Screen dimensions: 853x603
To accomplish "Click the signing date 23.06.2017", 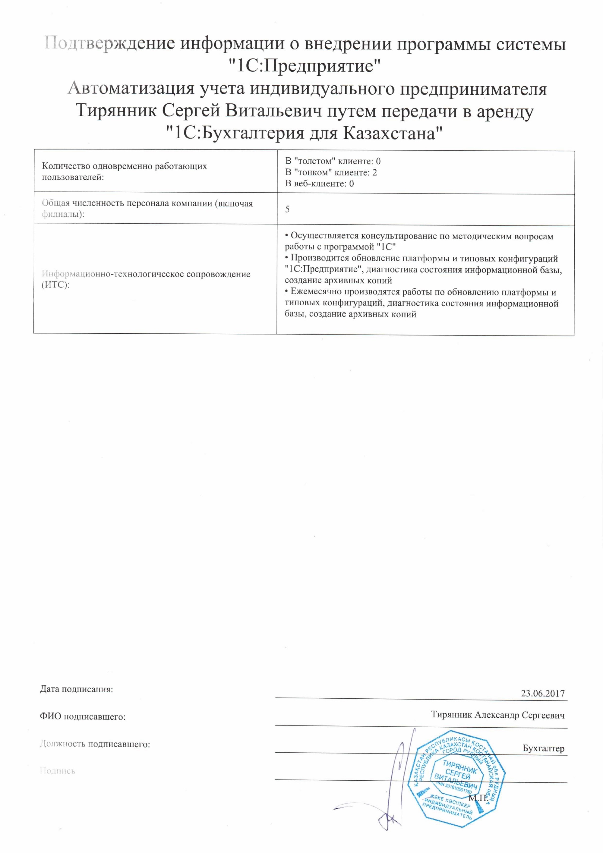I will coord(542,694).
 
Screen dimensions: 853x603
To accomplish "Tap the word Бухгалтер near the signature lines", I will coord(543,748).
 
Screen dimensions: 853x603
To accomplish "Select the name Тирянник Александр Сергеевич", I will coord(497,715).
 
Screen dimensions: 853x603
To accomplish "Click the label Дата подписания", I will coord(76,689).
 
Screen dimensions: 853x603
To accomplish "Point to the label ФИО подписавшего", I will coord(83,717).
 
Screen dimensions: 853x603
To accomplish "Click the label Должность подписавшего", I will coord(95,744).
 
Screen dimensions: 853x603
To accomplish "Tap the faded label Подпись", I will coord(57,771).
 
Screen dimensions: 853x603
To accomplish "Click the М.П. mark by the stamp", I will coord(478,798).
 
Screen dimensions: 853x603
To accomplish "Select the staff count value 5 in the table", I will coord(287,209).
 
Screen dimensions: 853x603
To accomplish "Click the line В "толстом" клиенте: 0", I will coord(333,161).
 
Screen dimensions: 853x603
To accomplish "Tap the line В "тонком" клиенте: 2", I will coord(331,172).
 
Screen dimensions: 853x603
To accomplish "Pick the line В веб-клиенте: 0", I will coord(319,184).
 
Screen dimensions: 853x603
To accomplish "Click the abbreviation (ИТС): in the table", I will coord(55,285).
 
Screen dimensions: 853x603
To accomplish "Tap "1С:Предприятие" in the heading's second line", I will coord(304,66).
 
